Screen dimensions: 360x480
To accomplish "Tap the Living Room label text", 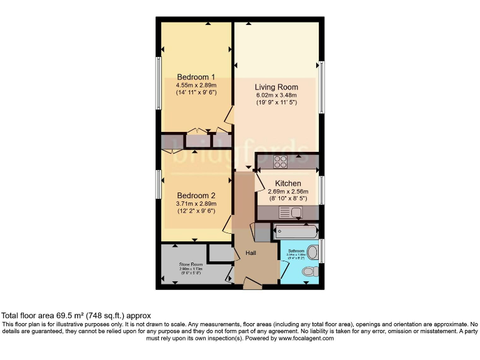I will (276, 87).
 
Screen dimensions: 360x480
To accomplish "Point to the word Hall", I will (249, 252).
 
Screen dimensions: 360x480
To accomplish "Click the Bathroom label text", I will (296, 251).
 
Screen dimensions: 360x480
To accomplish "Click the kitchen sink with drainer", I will (291, 212).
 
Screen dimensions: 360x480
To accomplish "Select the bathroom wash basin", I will (314, 252).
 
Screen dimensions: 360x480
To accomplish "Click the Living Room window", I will (321, 87).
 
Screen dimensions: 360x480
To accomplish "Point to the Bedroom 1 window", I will (158, 84).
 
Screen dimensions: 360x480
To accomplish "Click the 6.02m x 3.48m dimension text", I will (276, 95).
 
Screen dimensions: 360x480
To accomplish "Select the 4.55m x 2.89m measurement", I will (196, 85).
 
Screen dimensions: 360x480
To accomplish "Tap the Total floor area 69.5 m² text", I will (76, 316).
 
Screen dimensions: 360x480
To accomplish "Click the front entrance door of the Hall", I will (252, 285).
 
